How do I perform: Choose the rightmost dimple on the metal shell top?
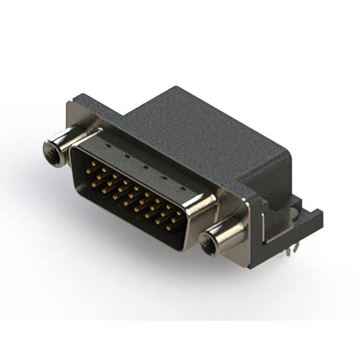click(180, 186)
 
